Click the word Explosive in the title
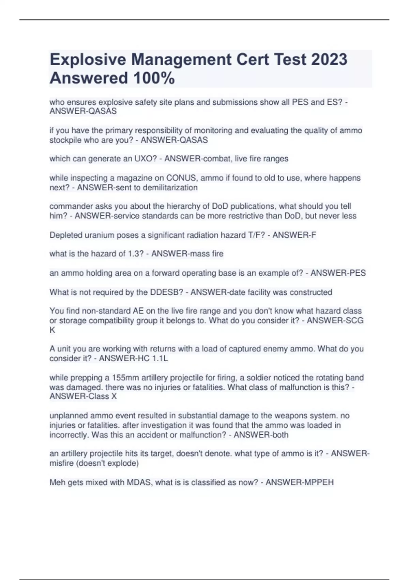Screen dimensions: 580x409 pyautogui.click(x=88, y=59)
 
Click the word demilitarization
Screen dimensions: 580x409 pyautogui.click(x=170, y=188)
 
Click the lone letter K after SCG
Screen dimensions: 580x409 pyautogui.click(x=52, y=330)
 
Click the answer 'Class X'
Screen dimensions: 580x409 pyautogui.click(x=100, y=396)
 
